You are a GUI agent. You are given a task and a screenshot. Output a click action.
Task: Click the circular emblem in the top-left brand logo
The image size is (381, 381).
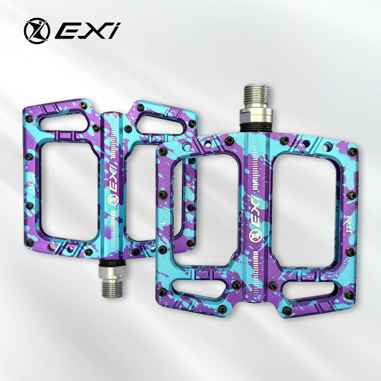[x=37, y=30]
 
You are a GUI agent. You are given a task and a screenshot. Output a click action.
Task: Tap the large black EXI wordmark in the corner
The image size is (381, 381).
[x=88, y=30]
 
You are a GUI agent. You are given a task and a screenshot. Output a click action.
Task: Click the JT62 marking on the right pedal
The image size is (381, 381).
[x=349, y=224]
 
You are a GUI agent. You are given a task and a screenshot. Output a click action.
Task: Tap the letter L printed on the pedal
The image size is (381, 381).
[x=164, y=222]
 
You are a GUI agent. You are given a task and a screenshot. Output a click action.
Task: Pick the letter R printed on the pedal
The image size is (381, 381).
[x=189, y=185]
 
